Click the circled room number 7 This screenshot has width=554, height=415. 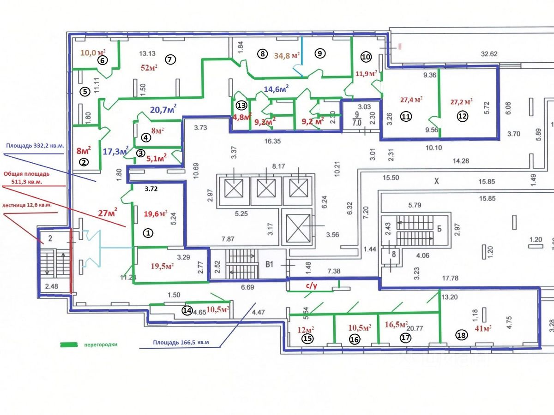[170, 59]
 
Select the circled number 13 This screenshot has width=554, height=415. [241, 106]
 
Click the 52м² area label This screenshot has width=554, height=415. [149, 67]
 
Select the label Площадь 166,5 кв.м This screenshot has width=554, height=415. [181, 343]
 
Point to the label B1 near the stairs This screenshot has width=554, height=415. [270, 265]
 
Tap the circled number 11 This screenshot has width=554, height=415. [405, 117]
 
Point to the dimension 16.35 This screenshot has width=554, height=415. [273, 142]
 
